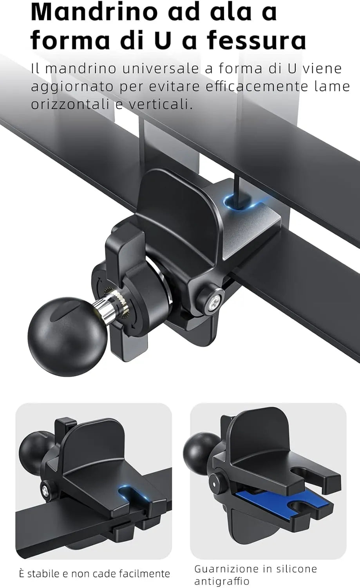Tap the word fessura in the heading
tap(256, 40)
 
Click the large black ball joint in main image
tap(67, 336)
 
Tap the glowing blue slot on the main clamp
tap(240, 203)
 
